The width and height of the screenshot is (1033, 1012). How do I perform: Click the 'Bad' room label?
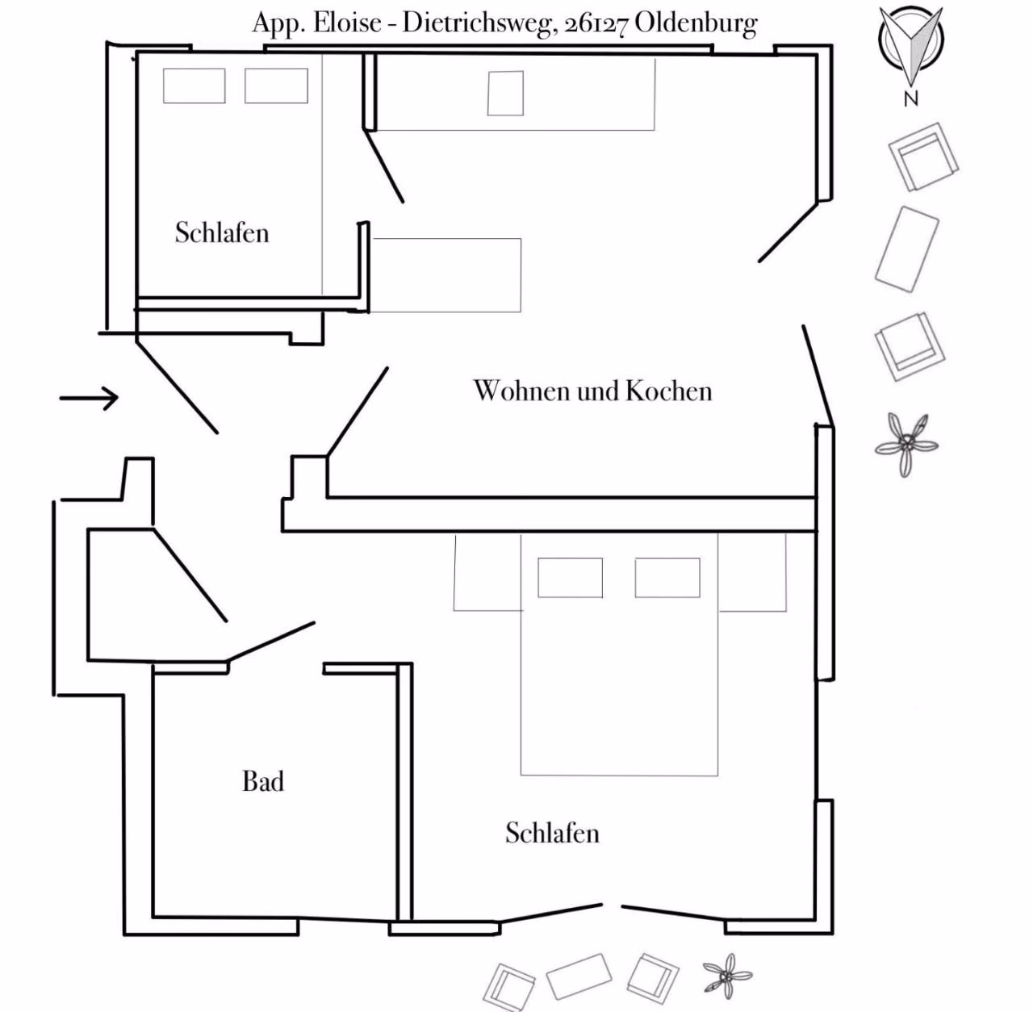coord(262,781)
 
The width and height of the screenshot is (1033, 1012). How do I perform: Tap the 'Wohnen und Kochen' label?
coord(592,391)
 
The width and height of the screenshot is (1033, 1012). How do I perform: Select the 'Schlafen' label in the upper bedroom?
coord(221,232)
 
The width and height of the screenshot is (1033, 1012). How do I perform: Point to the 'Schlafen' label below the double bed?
coord(552,833)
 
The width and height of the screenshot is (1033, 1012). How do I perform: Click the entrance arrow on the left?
coord(89,398)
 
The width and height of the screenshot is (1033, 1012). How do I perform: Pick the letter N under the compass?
coord(911,98)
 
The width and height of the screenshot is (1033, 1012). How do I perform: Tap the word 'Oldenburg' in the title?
coord(696,23)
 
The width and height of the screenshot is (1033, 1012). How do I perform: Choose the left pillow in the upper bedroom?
coord(194,86)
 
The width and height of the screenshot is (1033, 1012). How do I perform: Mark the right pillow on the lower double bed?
coord(667,578)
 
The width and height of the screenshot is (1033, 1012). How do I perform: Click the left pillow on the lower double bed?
coord(571,578)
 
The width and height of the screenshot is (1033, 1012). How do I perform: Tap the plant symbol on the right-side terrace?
coord(906,444)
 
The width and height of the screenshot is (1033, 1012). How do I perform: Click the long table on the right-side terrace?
coord(906,249)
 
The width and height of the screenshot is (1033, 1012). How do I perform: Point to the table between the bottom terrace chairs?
coord(579,976)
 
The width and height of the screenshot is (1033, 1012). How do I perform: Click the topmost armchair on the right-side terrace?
coord(923,157)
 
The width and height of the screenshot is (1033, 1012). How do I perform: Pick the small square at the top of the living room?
coord(505,94)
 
